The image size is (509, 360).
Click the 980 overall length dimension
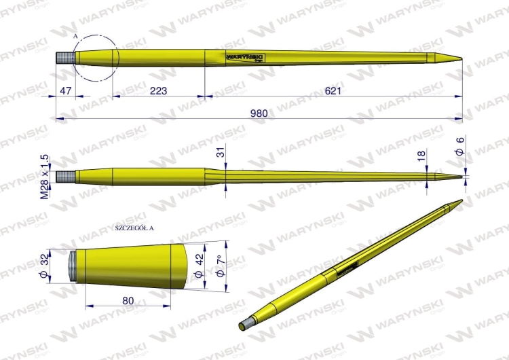tap(255, 113)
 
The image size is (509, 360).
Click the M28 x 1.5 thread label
tap(45, 177)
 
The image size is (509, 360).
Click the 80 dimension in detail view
tap(128, 300)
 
